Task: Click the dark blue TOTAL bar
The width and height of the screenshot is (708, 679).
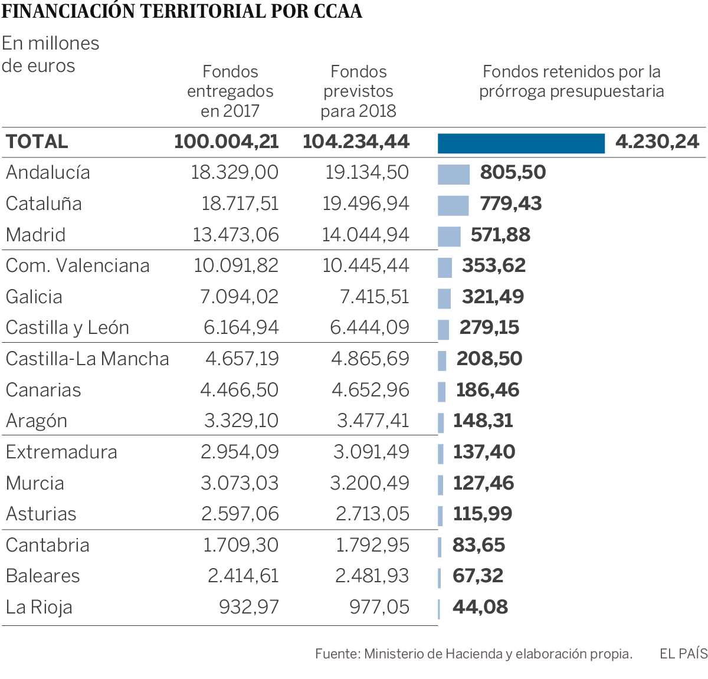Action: click(x=521, y=143)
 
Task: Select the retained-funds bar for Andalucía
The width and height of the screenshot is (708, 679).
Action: click(x=454, y=175)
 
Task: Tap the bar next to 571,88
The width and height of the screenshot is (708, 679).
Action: click(x=449, y=237)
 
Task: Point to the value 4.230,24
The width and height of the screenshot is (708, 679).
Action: click(x=657, y=142)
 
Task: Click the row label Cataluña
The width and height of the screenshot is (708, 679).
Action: click(x=44, y=204)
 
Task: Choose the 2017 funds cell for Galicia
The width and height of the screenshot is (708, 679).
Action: click(x=239, y=297)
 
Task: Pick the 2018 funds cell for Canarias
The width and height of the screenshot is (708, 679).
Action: click(x=370, y=390)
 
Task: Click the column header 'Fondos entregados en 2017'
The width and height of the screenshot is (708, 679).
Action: click(x=230, y=91)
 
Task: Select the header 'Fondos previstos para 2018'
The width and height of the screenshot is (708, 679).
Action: click(x=358, y=91)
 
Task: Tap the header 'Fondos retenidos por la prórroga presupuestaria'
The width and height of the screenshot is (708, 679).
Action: click(x=571, y=81)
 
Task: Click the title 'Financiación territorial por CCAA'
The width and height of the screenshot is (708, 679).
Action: click(x=182, y=11)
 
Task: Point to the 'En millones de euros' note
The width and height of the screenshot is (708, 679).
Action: click(x=50, y=54)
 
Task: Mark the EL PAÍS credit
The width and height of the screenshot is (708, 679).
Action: click(x=683, y=654)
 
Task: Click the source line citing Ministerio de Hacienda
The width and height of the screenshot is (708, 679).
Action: click(x=473, y=654)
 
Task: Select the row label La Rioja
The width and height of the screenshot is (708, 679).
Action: click(x=39, y=607)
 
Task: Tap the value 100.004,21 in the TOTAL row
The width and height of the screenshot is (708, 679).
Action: click(x=227, y=142)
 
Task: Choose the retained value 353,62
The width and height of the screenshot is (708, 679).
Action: click(x=493, y=265)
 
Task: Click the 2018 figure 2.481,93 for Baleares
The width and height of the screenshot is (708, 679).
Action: click(x=372, y=576)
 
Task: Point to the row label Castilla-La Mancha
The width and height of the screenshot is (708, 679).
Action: click(x=87, y=359)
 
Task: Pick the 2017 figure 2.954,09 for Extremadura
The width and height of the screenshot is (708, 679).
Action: click(x=240, y=452)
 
